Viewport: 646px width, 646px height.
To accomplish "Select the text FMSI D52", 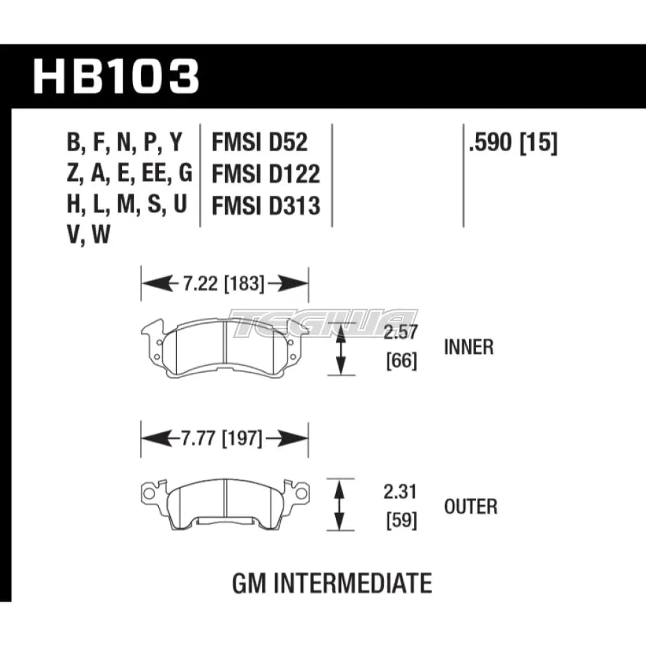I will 260,143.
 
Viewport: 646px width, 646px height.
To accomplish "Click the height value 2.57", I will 400,333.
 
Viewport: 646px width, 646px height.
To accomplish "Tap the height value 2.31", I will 400,494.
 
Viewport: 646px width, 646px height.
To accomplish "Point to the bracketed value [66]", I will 400,360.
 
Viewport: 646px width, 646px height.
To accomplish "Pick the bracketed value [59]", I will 400,519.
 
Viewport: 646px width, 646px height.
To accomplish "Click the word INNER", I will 469,347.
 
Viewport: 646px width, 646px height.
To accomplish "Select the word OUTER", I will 471,506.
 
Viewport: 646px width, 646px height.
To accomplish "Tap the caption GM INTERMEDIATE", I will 331,583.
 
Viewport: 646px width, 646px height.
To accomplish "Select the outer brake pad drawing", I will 225,504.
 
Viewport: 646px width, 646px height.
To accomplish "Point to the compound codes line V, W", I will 88,237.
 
